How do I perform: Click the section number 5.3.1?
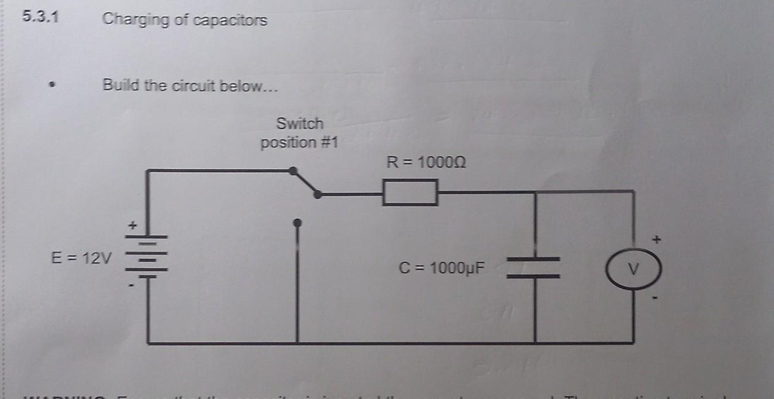pyautogui.click(x=41, y=17)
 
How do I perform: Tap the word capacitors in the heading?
pyautogui.click(x=230, y=20)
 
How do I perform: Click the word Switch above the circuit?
pyautogui.click(x=300, y=123)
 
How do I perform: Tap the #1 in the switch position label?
pyautogui.click(x=327, y=143)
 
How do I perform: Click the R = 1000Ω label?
pyautogui.click(x=425, y=163)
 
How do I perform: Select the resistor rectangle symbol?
pyautogui.click(x=410, y=192)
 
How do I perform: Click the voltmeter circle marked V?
pyautogui.click(x=634, y=269)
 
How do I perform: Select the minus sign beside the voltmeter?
pyautogui.click(x=656, y=299)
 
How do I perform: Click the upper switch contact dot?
pyautogui.click(x=293, y=170)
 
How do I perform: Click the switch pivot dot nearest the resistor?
pyautogui.click(x=317, y=194)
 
